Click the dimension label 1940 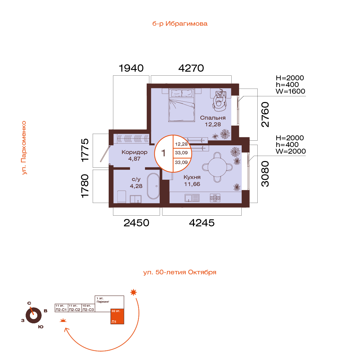tap(131, 68)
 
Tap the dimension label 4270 tap(191, 68)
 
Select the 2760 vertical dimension tap(265, 115)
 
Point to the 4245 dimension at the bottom tap(202, 223)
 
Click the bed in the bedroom tap(182, 105)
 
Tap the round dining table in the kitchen tap(217, 167)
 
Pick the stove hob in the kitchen tap(215, 198)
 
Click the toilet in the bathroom tap(121, 197)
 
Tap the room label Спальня tap(213, 118)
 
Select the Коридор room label tap(135, 152)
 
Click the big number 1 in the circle tap(163, 153)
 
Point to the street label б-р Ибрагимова tap(180, 24)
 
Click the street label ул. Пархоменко tap(24, 148)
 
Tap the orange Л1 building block tap(117, 316)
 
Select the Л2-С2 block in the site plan tap(75, 308)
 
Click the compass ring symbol tap(34, 315)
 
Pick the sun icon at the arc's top tap(133, 292)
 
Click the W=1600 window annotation tap(290, 91)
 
